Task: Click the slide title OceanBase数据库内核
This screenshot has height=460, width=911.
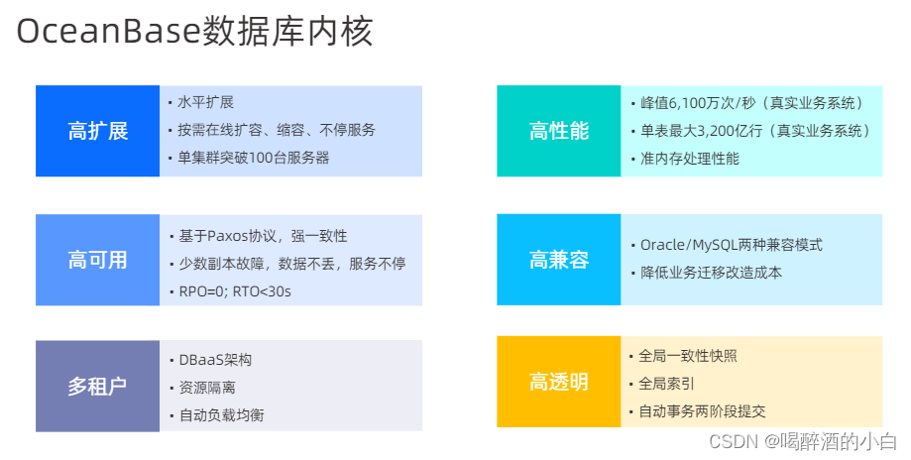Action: point(195,31)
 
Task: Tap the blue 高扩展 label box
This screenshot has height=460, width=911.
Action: point(97,132)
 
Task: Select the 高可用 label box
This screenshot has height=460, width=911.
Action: point(97,260)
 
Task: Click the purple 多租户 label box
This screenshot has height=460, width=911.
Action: point(97,386)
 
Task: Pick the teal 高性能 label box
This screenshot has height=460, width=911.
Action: point(558,132)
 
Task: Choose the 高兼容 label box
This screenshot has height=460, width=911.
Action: point(558,260)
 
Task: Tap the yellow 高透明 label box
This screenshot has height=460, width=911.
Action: point(558,382)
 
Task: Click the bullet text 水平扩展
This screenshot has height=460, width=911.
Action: point(206,102)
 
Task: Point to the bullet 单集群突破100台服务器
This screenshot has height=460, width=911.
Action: point(253,158)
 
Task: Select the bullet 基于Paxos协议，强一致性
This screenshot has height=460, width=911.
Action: point(263,236)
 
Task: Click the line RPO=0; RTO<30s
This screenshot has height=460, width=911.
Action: point(235,291)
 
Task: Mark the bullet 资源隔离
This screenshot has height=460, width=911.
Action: point(206,388)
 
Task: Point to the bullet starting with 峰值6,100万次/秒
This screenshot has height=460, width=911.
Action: point(750,103)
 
